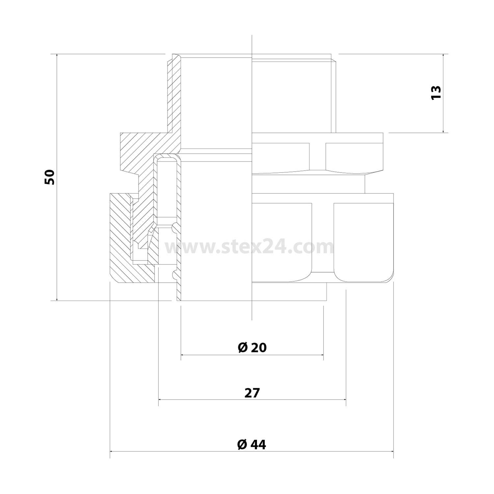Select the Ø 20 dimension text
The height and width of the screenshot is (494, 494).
click(x=252, y=348)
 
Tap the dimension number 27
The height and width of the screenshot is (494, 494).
click(x=252, y=393)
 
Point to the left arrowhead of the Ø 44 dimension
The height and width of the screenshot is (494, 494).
click(x=112, y=452)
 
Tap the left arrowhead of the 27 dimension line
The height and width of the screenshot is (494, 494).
click(x=160, y=399)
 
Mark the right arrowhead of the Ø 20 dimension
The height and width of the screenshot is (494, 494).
click(x=322, y=355)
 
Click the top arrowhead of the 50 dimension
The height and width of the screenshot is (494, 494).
click(x=57, y=56)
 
